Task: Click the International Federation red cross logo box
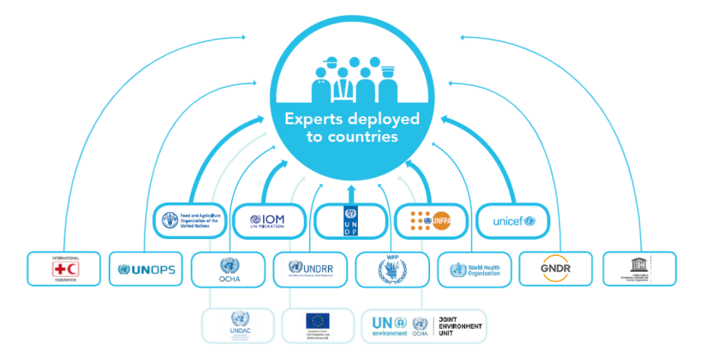click(63, 269)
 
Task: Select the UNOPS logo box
click(146, 269)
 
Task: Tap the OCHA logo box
click(228, 269)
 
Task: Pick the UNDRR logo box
click(311, 269)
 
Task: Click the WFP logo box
click(392, 269)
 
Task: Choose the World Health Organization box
click(475, 269)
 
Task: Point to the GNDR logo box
click(556, 269)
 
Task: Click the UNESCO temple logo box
click(639, 269)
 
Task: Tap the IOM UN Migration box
click(270, 220)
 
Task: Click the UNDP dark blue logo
click(351, 220)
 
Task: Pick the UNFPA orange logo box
click(432, 220)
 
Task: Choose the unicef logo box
click(513, 220)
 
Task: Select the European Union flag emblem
click(318, 320)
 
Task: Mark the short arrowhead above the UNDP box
click(351, 190)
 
